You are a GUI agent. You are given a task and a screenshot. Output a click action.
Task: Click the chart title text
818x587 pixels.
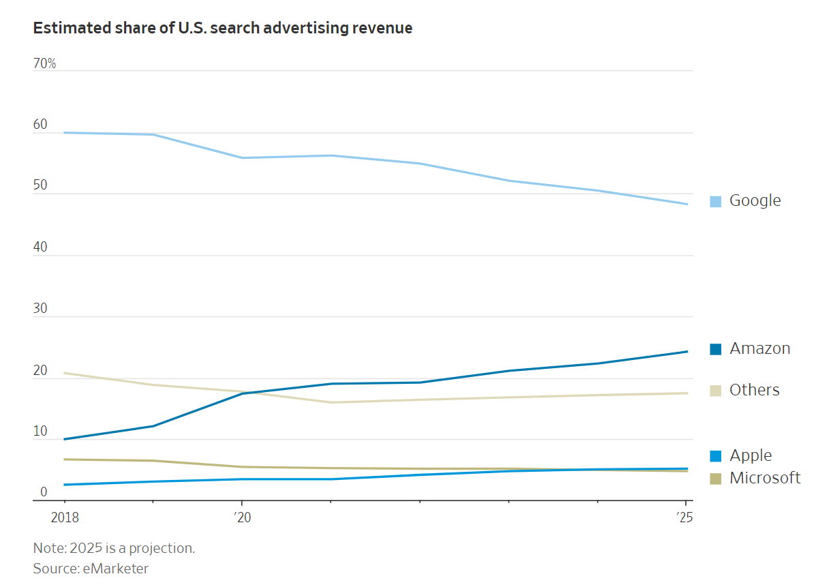(222, 28)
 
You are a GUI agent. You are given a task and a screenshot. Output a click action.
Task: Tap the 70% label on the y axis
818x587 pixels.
(44, 64)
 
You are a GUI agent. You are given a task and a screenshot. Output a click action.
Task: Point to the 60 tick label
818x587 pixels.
(40, 125)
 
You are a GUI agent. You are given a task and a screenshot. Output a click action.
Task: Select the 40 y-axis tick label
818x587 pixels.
(40, 247)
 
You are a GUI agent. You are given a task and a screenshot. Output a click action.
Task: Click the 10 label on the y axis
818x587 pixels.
(40, 432)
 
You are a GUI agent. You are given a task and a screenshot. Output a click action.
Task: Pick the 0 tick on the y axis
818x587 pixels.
(44, 492)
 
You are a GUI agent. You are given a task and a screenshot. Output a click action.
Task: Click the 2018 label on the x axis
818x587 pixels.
(65, 517)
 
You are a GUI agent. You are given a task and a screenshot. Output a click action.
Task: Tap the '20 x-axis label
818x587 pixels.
(242, 517)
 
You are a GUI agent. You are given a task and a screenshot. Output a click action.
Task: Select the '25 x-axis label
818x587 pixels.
(685, 517)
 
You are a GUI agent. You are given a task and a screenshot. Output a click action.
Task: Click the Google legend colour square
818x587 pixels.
(716, 201)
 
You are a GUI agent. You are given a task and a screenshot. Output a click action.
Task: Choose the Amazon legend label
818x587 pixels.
(759, 348)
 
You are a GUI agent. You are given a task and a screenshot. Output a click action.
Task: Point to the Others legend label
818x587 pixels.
(754, 390)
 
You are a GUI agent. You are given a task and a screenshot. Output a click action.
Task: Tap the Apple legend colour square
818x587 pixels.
(716, 456)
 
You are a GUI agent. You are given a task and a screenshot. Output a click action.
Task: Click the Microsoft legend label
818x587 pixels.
(765, 478)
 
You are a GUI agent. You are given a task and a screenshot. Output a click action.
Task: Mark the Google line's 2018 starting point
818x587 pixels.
(65, 132)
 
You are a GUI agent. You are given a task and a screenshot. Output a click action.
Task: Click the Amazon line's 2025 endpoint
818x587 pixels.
(687, 351)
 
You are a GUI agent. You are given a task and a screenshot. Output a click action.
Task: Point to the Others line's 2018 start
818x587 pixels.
(65, 373)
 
